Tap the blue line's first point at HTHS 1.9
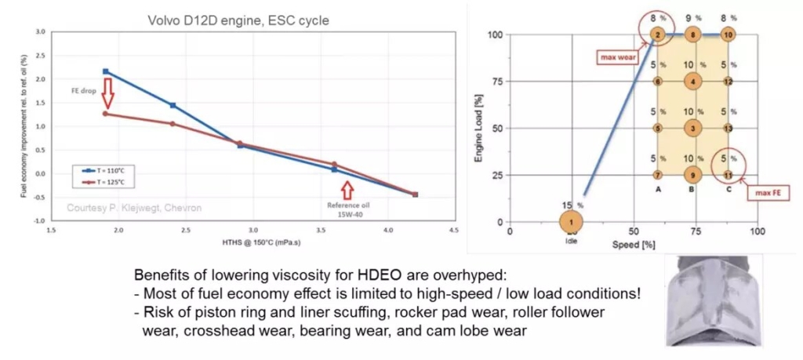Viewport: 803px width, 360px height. click(x=106, y=71)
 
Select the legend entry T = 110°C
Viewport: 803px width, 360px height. click(x=97, y=169)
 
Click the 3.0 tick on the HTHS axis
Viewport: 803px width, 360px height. click(x=253, y=230)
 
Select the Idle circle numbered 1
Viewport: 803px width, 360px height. click(x=572, y=222)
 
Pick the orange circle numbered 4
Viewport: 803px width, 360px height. click(x=692, y=81)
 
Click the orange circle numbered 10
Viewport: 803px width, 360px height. click(x=729, y=35)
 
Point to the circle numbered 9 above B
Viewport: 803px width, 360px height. click(x=692, y=174)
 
